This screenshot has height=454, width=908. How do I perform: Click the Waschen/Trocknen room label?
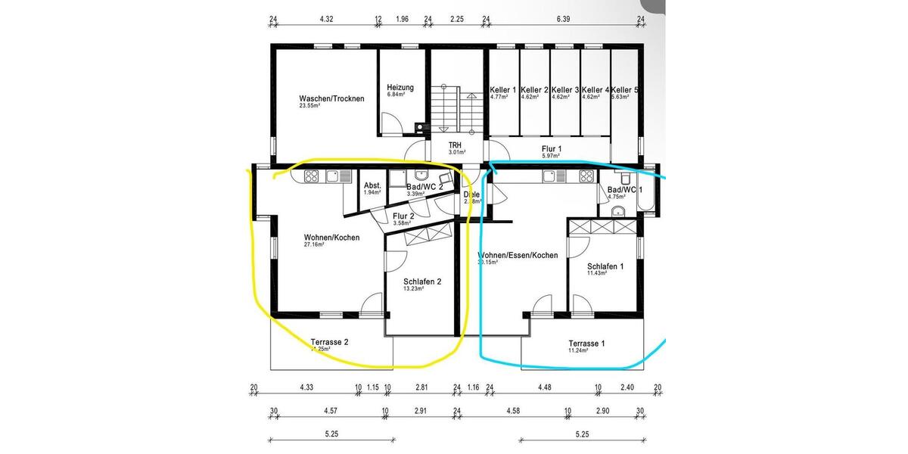point(331,98)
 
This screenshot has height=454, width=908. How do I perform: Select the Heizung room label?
point(400,87)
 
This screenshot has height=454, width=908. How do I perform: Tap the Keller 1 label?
point(502,90)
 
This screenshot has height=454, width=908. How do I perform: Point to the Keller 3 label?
point(564,90)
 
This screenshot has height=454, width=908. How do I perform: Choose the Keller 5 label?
point(624,90)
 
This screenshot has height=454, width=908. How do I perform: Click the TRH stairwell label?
point(455,145)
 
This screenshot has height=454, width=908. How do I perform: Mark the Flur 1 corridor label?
point(552,148)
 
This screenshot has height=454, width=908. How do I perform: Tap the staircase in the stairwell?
point(446,110)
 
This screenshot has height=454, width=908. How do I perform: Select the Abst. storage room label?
point(372,186)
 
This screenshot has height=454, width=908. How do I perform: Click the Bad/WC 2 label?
point(424,187)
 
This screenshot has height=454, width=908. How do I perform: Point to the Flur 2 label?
point(403,216)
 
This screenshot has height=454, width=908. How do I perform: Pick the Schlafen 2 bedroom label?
point(422,281)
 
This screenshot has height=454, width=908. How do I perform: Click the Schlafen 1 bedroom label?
point(605,266)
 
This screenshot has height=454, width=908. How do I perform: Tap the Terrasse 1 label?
point(587,343)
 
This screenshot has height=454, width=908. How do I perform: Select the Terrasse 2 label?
point(329,342)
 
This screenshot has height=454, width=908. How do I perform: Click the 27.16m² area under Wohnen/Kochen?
point(314,245)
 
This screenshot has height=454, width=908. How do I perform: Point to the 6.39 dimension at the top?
point(562,18)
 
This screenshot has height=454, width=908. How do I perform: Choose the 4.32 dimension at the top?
point(326,18)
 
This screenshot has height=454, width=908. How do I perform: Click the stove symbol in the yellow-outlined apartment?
point(312,176)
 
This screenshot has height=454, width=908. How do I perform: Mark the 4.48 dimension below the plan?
point(545,387)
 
